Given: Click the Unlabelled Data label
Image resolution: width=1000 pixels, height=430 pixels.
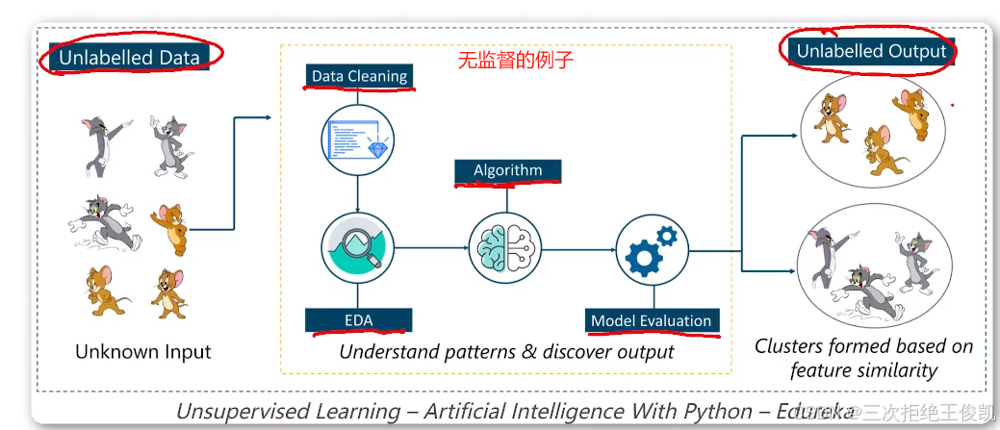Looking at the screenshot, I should (129, 58).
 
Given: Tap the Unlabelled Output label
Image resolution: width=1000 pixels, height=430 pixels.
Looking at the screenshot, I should (871, 51).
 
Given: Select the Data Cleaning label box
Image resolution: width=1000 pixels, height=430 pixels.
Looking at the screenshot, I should (359, 76).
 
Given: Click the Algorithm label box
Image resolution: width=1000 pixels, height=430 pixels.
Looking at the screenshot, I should (507, 171).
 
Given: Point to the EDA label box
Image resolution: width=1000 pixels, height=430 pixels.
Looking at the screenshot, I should (358, 320).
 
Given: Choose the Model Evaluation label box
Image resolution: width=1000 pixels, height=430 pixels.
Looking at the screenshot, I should (652, 320).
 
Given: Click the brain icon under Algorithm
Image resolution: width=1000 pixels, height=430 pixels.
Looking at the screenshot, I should (507, 247).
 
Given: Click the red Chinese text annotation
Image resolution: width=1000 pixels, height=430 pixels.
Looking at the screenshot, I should (515, 61).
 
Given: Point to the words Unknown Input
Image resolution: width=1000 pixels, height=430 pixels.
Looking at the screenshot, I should (143, 352).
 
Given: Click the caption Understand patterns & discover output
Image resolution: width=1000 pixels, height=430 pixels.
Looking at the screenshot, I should (507, 352).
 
